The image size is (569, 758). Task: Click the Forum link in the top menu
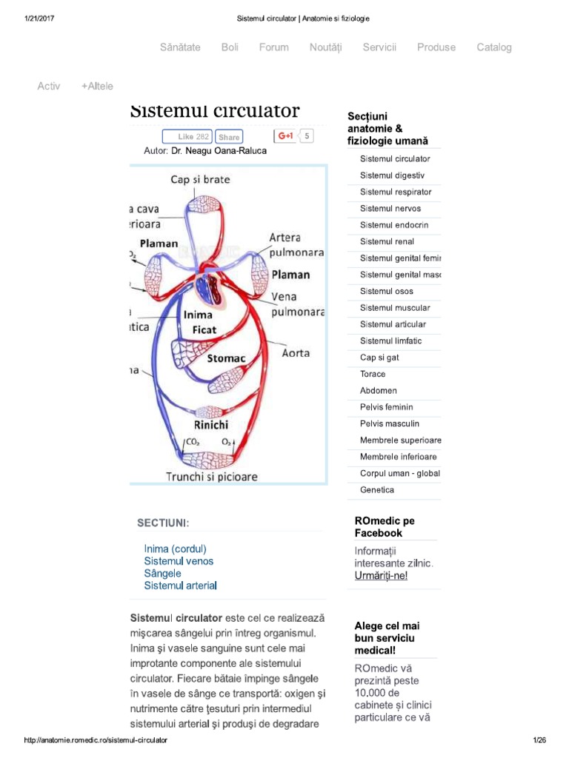pos(273,47)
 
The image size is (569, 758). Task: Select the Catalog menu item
pos(493,47)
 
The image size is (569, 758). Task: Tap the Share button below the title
pos(229,137)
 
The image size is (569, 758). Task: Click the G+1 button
pos(285,136)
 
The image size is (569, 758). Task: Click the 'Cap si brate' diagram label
pos(200,179)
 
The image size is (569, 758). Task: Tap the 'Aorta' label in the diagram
pos(296,353)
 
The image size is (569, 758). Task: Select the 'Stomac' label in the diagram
pos(226,358)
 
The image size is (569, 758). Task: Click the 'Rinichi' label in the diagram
pos(211,425)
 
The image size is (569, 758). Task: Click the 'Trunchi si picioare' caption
pos(211,477)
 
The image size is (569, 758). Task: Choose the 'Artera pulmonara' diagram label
pos(296,245)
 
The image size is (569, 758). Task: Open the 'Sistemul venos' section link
pos(179,561)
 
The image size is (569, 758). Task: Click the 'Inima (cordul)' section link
pos(175,549)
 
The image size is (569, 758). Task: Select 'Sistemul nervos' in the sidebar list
pos(390,209)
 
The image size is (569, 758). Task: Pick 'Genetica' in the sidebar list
pos(377,490)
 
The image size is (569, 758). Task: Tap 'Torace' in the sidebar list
pos(373,374)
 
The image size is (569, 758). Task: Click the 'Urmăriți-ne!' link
pos(381,576)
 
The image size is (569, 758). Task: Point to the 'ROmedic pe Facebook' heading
pos(384,527)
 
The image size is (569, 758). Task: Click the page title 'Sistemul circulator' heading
pos(215,112)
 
